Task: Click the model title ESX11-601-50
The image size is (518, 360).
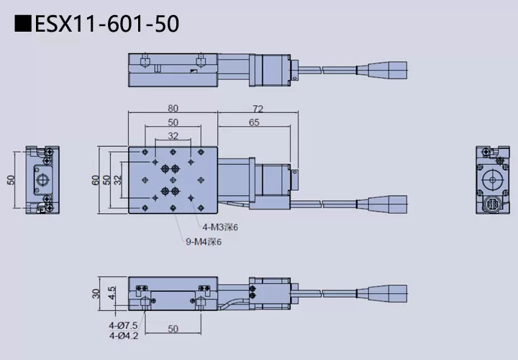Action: coord(106,24)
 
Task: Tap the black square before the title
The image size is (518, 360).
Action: coord(23,24)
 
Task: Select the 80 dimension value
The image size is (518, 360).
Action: coord(173,108)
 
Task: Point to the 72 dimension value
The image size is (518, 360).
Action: coord(258,109)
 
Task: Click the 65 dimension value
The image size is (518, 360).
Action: coord(253,122)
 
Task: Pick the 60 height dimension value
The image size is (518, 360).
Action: coord(96,180)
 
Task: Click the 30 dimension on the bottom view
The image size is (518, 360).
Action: coord(96,293)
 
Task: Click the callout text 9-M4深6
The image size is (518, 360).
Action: coord(204,242)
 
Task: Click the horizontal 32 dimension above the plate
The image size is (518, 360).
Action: coord(173,135)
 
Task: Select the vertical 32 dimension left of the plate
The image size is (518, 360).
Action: coord(118,180)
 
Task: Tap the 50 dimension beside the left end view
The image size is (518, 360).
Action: coord(11,180)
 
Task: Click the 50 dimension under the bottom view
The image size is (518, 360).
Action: coord(173,329)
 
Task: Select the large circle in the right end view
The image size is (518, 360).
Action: coord(494,176)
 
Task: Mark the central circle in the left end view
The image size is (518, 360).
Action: coord(43,179)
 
